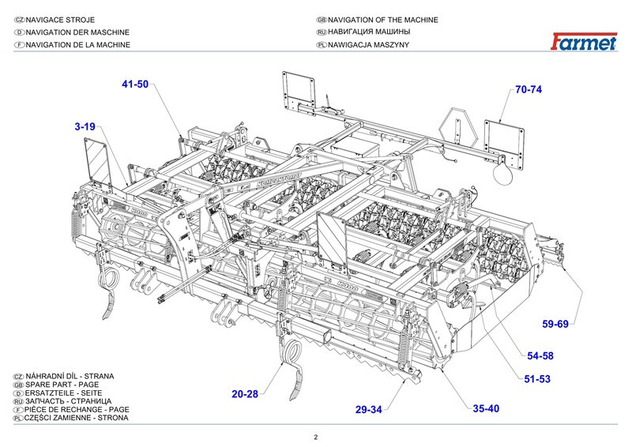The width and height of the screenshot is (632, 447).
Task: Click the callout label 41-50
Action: tap(135, 85)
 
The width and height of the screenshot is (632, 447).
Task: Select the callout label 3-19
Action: tap(85, 126)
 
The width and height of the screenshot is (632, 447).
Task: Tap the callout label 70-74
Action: tap(529, 89)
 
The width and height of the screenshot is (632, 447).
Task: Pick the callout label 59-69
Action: tap(555, 324)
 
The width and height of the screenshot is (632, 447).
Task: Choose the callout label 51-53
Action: tap(536, 379)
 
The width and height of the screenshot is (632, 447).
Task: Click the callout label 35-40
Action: tap(487, 408)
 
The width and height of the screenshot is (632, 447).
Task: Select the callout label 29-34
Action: tap(369, 409)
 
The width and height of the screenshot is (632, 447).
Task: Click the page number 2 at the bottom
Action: tap(315, 438)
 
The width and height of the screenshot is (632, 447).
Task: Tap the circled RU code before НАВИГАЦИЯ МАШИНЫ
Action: tap(321, 32)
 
